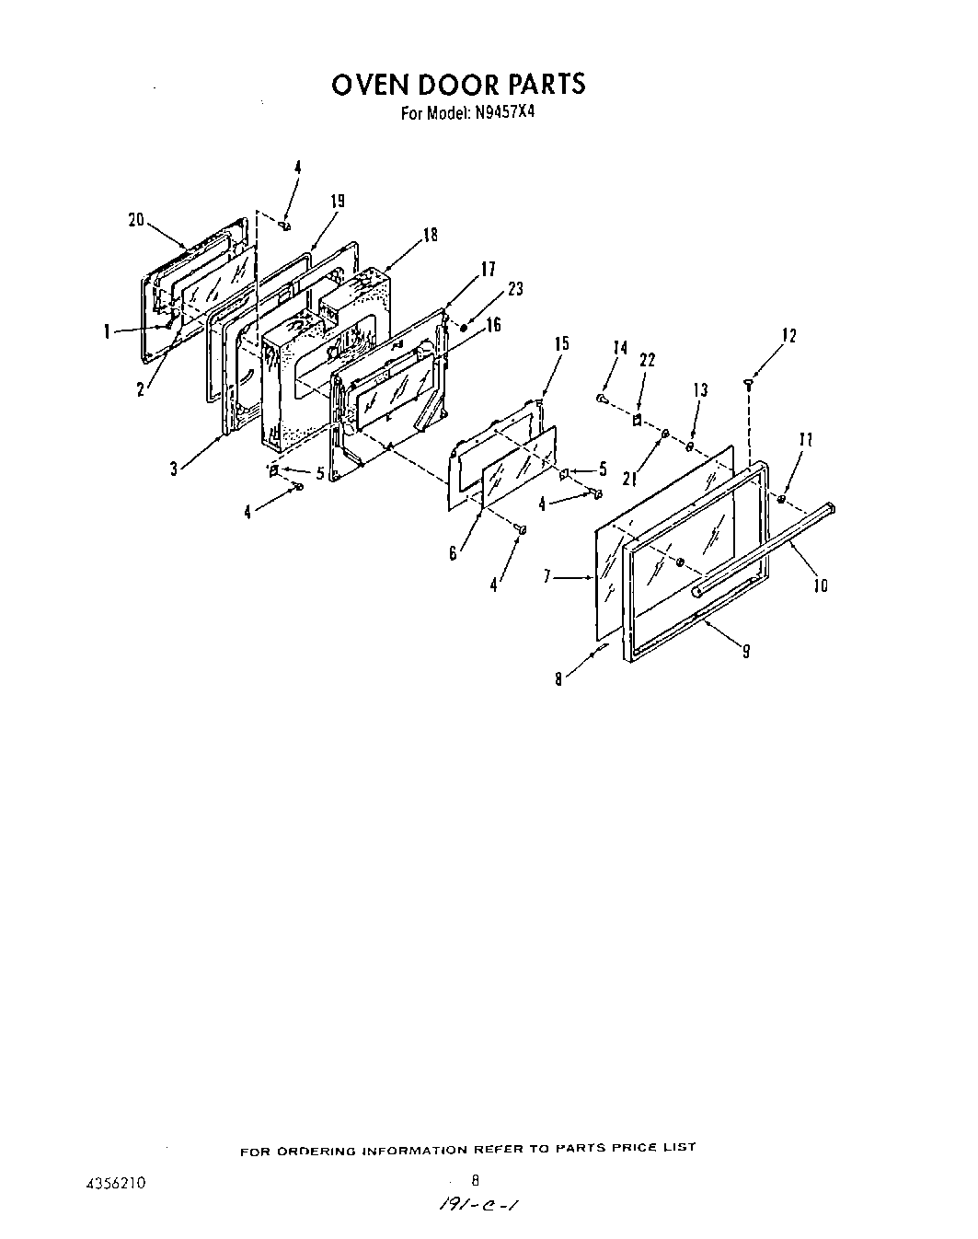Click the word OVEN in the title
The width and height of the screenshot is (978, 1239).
pos(371,85)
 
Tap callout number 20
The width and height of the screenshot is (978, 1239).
pos(136,219)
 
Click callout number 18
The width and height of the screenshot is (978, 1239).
pos(430,236)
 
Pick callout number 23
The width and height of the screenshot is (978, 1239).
pos(515,289)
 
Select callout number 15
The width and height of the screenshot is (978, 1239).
pos(561,343)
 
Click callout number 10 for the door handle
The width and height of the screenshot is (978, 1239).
pos(821,585)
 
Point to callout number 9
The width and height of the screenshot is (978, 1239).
pos(745,650)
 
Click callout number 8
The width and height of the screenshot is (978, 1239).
pos(558,679)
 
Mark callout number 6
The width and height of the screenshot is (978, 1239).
pos(453,554)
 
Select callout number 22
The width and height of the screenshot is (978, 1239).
pos(647,361)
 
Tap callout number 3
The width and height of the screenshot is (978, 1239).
pos(174,469)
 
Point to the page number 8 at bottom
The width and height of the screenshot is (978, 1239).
pos(476,1178)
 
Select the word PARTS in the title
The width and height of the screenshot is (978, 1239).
pos(539,85)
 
